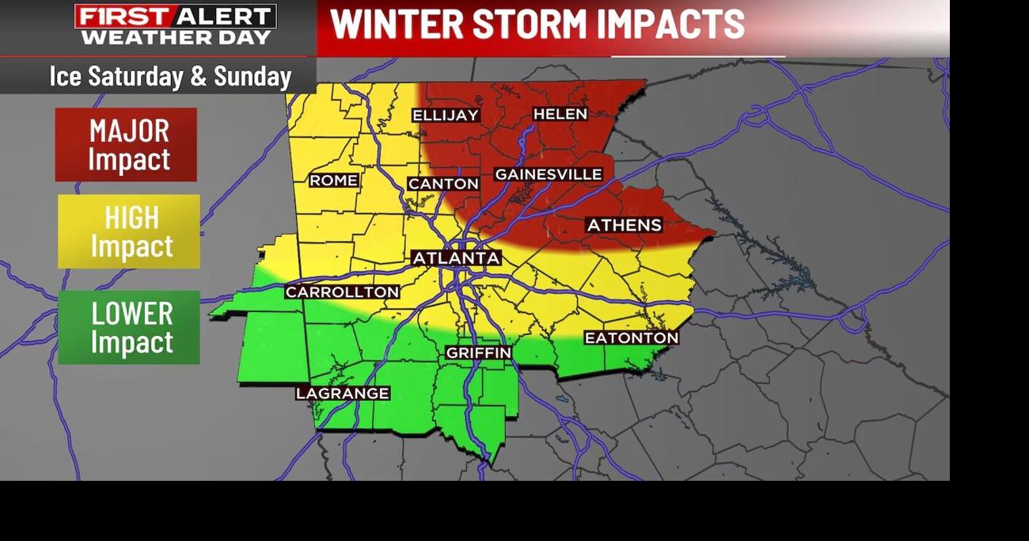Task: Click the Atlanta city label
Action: [457, 258]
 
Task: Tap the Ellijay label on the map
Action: [446, 116]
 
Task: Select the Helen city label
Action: [560, 114]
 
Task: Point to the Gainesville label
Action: [549, 174]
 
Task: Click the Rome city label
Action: [333, 181]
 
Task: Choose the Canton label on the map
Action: [443, 184]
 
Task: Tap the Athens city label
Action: [624, 226]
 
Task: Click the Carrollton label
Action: [342, 292]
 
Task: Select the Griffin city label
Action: [478, 352]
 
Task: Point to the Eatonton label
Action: [631, 338]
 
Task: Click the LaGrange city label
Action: [343, 394]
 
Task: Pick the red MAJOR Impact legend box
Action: [126, 145]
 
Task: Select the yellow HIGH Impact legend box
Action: [129, 231]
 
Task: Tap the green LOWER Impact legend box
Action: [129, 327]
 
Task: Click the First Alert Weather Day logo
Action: [176, 25]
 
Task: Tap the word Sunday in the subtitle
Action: [253, 77]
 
